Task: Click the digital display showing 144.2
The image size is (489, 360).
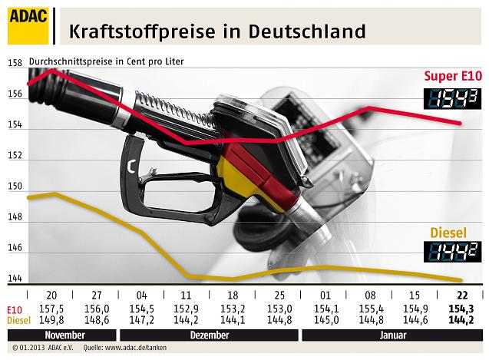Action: click(454, 250)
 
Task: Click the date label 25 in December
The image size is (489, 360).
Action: click(279, 296)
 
